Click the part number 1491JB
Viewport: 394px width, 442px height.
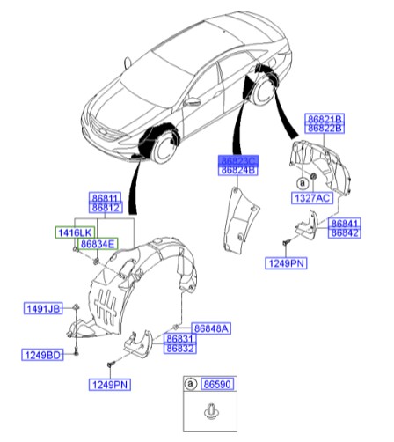click(43, 308)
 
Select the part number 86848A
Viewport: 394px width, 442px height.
click(211, 328)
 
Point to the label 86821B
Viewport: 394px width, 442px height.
click(325, 118)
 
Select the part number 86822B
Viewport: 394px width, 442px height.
click(325, 128)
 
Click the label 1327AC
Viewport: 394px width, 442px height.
click(310, 200)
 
